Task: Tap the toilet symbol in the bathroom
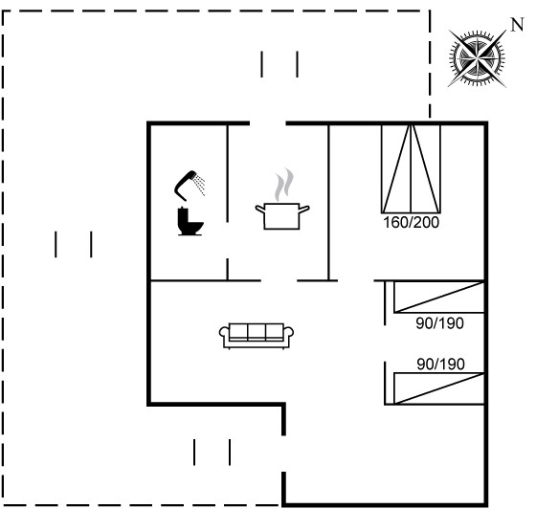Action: (190, 221)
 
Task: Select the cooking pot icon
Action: (282, 216)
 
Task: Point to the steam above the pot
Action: (284, 185)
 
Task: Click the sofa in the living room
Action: (257, 336)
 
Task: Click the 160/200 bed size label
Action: (411, 222)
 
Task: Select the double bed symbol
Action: (411, 169)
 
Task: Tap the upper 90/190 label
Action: (439, 323)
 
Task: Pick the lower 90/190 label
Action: (440, 365)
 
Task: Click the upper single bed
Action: (439, 297)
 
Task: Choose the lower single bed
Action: (439, 388)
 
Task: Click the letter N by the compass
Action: (517, 25)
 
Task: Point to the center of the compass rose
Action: (477, 58)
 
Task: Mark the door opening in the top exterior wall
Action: (268, 123)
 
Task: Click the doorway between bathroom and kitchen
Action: (228, 240)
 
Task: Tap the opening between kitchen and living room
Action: (279, 280)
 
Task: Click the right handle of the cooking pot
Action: (304, 209)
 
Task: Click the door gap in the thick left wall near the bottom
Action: (283, 454)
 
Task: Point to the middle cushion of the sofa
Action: (257, 332)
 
